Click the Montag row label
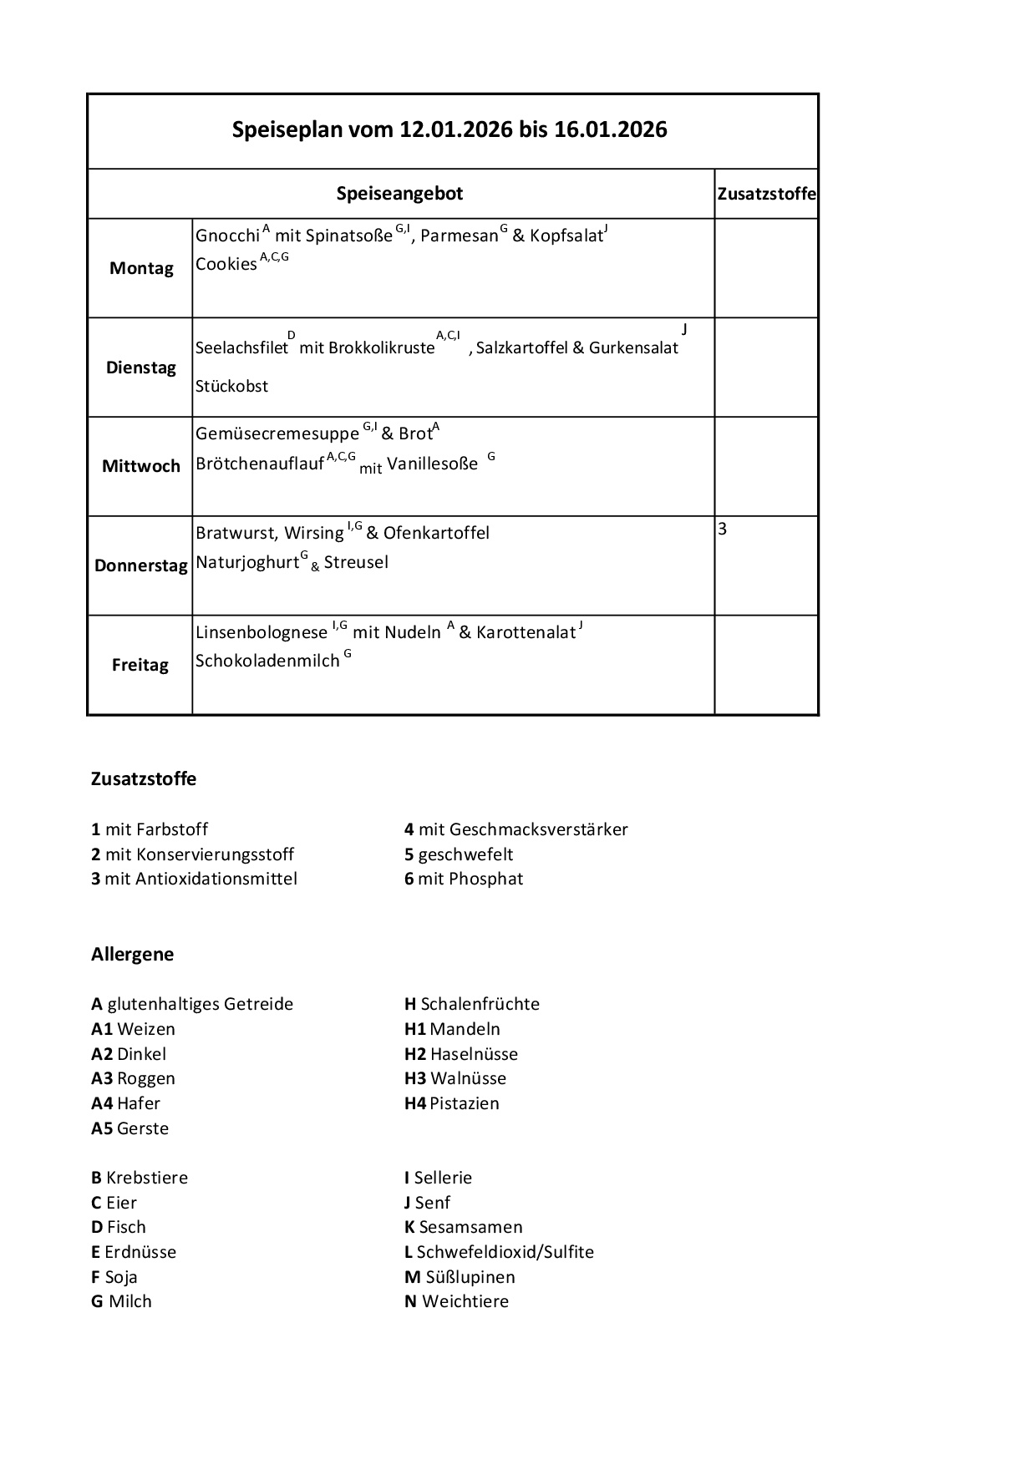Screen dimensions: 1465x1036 141,268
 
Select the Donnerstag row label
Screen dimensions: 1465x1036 140,565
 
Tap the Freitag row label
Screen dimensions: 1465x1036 140,665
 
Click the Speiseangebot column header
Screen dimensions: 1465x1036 399,194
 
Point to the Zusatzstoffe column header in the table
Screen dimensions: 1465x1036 766,194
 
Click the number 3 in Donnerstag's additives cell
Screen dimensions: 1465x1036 723,529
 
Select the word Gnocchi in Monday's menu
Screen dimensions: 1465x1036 227,236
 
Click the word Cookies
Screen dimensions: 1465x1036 226,264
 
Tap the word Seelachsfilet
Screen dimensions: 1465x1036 241,347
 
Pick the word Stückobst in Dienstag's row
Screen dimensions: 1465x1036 231,386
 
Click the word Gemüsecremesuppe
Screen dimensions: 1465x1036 277,433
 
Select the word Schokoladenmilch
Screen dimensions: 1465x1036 267,661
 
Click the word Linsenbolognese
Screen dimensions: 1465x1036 261,632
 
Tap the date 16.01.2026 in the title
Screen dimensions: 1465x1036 610,129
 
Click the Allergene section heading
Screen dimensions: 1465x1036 132,954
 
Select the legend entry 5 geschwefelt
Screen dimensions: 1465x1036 459,854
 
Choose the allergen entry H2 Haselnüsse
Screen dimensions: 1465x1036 460,1053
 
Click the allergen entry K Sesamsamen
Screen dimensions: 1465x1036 463,1226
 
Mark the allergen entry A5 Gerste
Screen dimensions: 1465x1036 129,1128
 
